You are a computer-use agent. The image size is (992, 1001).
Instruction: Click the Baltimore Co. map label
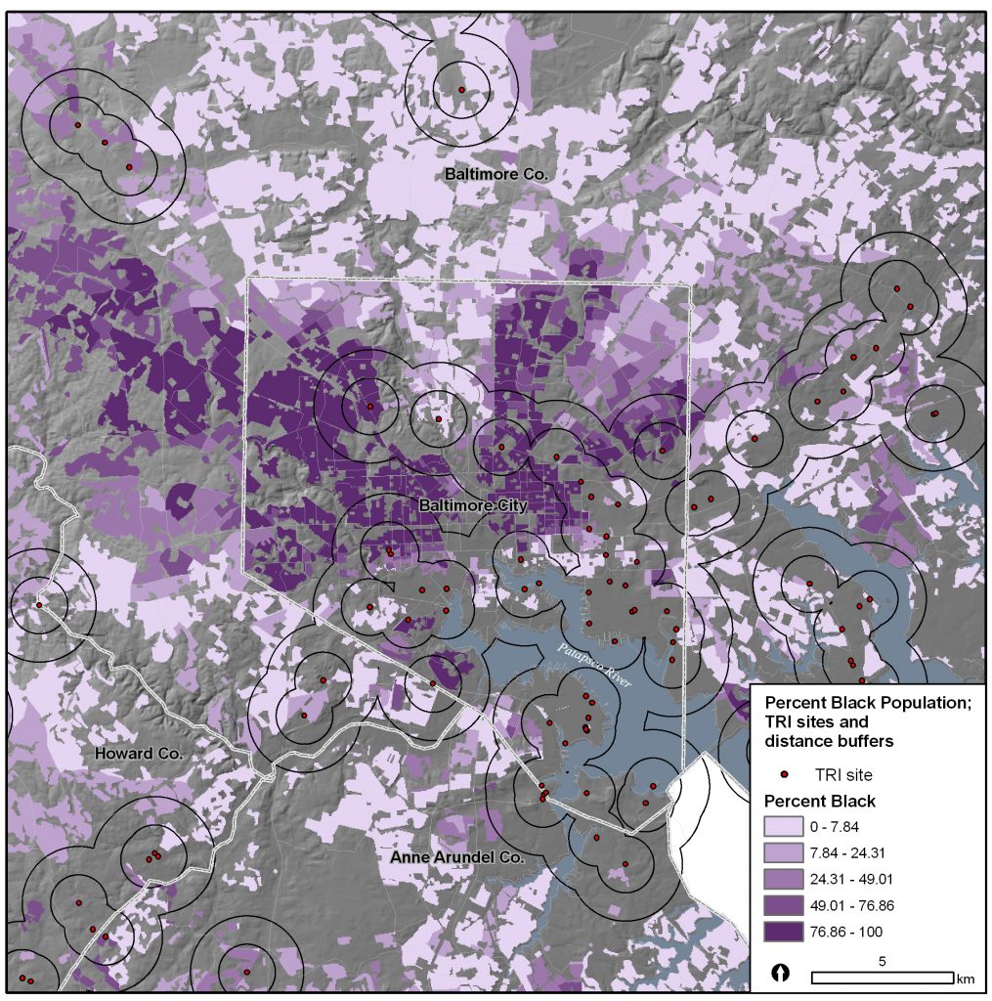click(x=496, y=174)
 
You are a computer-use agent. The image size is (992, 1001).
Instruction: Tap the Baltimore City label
click(x=472, y=505)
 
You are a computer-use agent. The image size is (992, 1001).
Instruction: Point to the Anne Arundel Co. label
click(x=457, y=857)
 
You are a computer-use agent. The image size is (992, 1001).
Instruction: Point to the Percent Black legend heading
click(x=819, y=802)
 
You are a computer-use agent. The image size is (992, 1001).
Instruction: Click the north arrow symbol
click(x=781, y=974)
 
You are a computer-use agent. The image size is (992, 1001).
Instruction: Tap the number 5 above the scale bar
click(x=883, y=961)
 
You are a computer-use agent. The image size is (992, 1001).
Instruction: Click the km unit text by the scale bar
click(x=966, y=979)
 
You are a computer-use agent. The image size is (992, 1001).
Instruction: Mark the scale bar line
click(x=883, y=977)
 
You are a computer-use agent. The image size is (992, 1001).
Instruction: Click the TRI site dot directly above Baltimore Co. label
click(x=461, y=90)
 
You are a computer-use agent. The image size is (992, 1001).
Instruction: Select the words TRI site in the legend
click(x=843, y=774)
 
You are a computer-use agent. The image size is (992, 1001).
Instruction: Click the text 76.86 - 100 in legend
click(x=853, y=932)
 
